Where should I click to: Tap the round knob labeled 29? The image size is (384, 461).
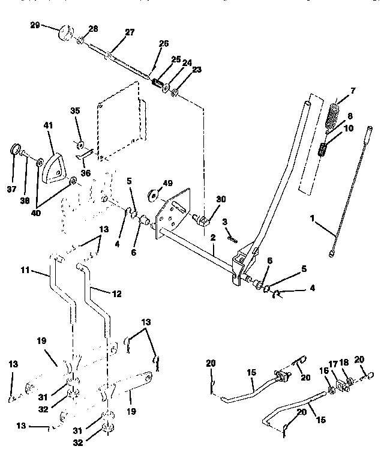coord(65,31)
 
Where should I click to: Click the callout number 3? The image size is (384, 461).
coord(224,223)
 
